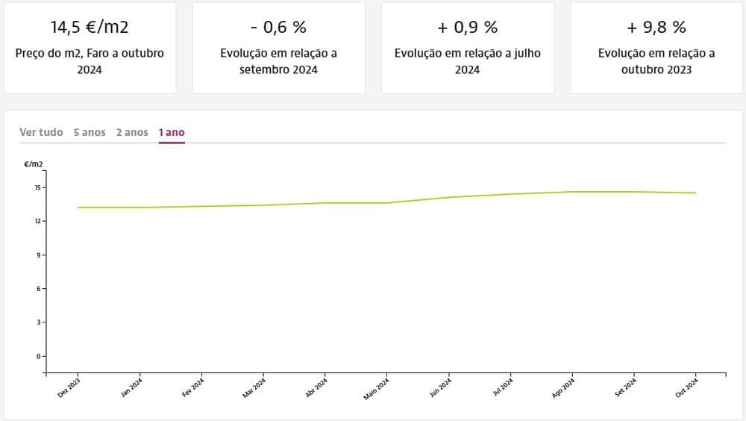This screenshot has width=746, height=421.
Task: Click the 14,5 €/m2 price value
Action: [x=90, y=28]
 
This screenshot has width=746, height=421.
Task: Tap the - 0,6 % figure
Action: [x=278, y=28]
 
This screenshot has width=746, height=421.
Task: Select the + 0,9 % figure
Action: [x=468, y=28]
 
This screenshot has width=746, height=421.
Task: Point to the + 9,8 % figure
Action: [x=656, y=28]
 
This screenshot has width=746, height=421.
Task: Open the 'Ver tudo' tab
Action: [x=41, y=132]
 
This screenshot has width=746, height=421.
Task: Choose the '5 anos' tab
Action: [x=90, y=132]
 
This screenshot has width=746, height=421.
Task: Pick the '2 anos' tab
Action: [x=132, y=132]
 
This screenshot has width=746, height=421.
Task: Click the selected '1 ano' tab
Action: [x=172, y=132]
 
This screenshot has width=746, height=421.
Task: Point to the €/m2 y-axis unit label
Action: [x=34, y=163]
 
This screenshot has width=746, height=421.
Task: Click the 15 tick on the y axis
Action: [x=38, y=187]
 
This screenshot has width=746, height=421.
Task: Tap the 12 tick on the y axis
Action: [x=38, y=221]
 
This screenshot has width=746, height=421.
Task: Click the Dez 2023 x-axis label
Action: [x=69, y=388]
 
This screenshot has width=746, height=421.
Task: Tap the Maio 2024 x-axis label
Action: [x=377, y=389]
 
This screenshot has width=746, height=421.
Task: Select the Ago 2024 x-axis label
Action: [x=563, y=388]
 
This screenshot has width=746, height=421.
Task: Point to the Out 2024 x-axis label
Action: [x=686, y=388]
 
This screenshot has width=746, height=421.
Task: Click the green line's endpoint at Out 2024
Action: [x=695, y=193]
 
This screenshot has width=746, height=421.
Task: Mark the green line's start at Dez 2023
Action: [x=78, y=208]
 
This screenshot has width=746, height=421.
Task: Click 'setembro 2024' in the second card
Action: [x=278, y=69]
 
